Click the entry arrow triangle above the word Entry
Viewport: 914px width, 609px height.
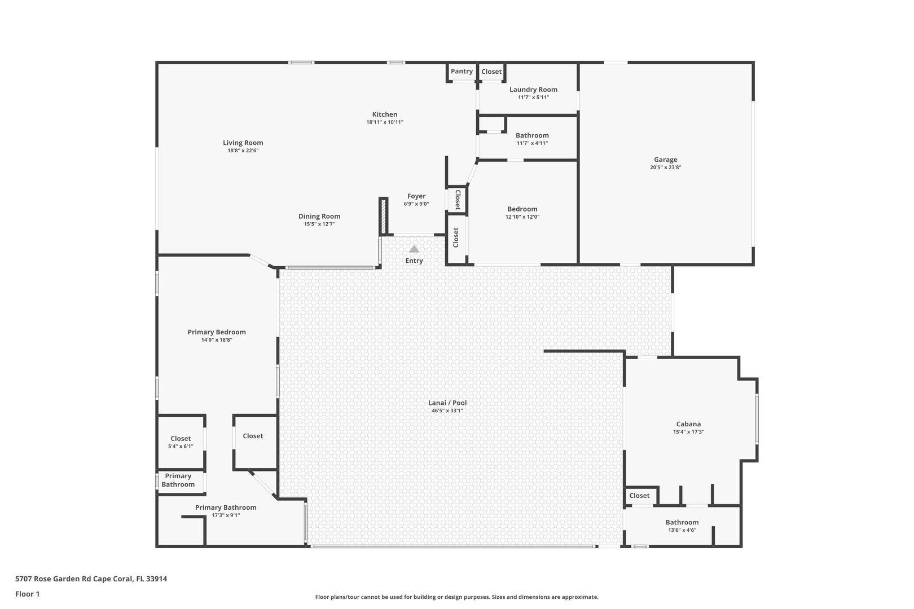pyautogui.click(x=414, y=249)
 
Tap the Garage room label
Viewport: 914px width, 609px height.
pyautogui.click(x=665, y=160)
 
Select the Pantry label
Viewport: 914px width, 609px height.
pyautogui.click(x=462, y=71)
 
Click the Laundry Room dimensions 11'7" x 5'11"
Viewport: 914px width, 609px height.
pyautogui.click(x=533, y=98)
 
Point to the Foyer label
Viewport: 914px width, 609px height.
pyautogui.click(x=416, y=196)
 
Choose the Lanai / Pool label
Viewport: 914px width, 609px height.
pyautogui.click(x=447, y=403)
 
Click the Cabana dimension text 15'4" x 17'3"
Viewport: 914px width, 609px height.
pyautogui.click(x=688, y=432)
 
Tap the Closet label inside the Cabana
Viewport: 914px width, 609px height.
pyautogui.click(x=639, y=496)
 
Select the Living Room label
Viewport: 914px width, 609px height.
pyautogui.click(x=243, y=143)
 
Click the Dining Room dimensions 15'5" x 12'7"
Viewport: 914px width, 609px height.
pyautogui.click(x=319, y=224)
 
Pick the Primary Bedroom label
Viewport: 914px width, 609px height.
pyautogui.click(x=217, y=332)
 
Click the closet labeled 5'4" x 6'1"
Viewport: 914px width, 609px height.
pyautogui.click(x=181, y=446)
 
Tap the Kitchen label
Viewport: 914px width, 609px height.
pyautogui.click(x=385, y=114)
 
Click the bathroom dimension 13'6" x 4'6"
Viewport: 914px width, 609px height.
pyautogui.click(x=682, y=530)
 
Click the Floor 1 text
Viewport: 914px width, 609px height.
pyautogui.click(x=27, y=594)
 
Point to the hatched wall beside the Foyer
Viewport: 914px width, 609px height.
pyautogui.click(x=384, y=216)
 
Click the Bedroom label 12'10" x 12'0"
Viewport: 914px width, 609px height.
pyautogui.click(x=522, y=217)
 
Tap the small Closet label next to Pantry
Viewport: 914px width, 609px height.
pyautogui.click(x=491, y=72)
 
